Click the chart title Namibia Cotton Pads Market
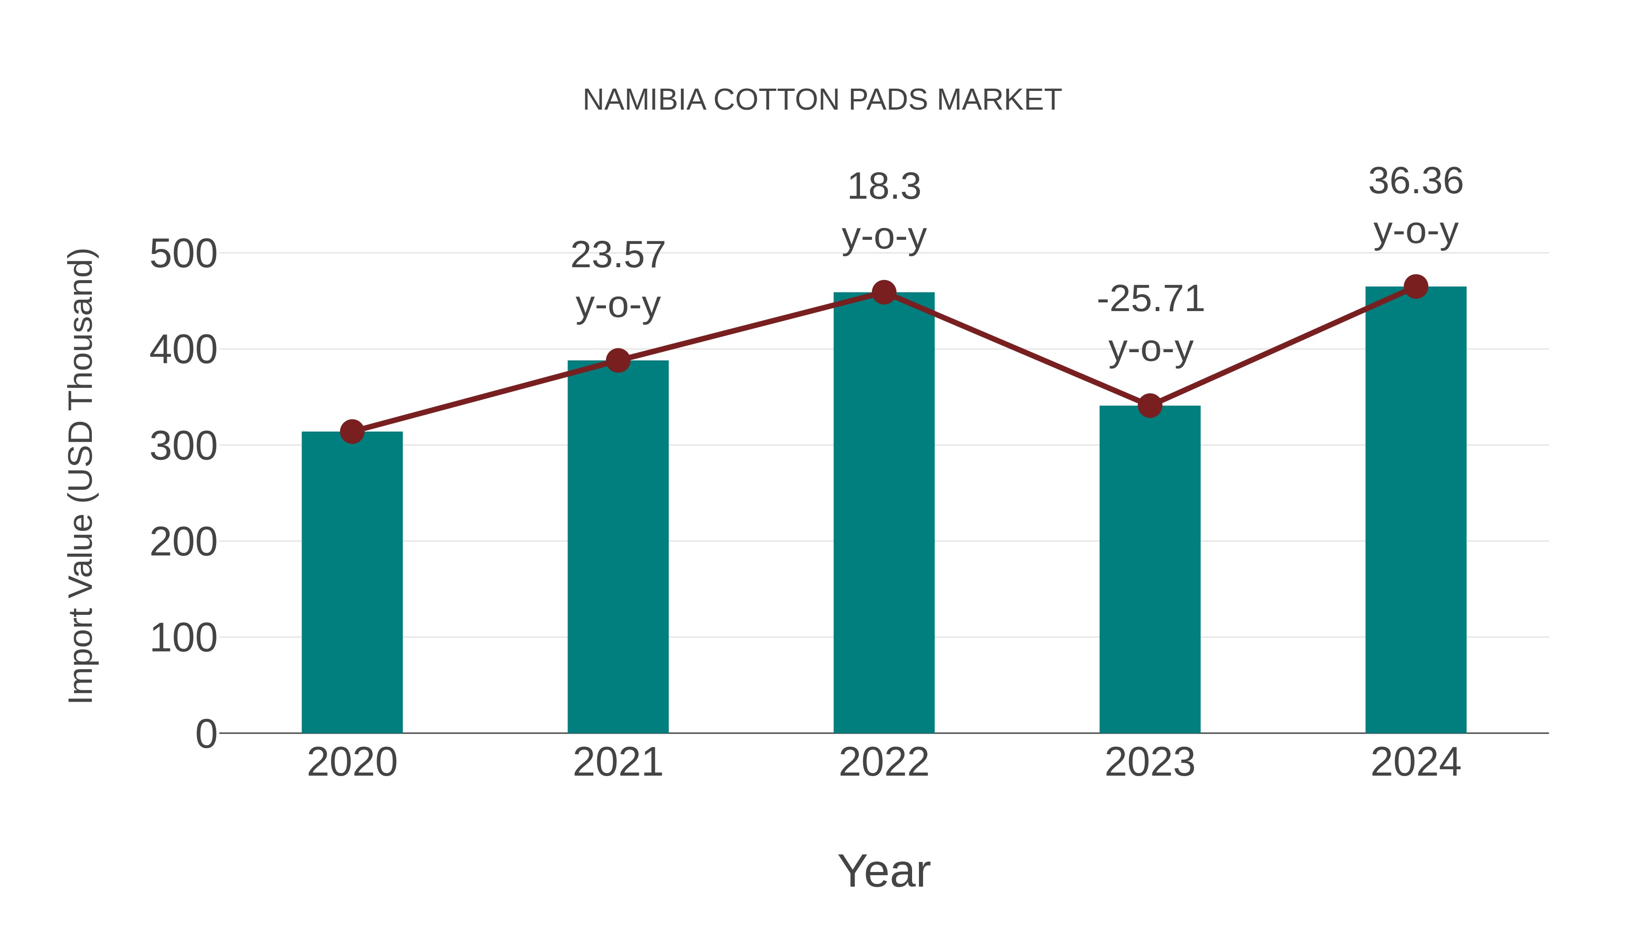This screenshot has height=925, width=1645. point(822,100)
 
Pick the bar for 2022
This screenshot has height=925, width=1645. point(884,512)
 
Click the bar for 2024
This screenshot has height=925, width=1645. point(1416,509)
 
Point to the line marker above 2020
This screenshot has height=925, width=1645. point(352,432)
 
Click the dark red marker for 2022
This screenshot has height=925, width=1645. point(884,292)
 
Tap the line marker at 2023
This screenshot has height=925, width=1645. point(1150,405)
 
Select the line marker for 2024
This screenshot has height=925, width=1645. point(1416,286)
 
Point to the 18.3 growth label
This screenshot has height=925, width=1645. point(884,211)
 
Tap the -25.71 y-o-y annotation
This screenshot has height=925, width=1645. point(1150,324)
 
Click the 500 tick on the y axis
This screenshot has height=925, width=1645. point(183,254)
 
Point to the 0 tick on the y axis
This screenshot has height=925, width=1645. point(206,734)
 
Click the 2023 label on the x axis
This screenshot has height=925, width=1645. point(1150,762)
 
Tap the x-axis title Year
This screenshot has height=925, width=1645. point(884,871)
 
